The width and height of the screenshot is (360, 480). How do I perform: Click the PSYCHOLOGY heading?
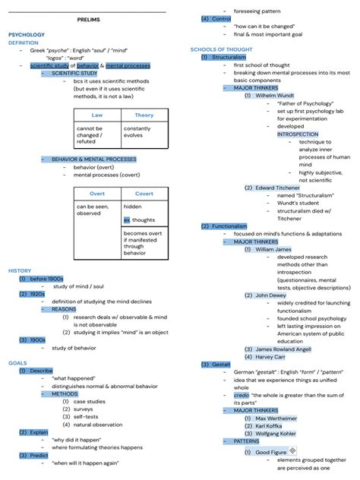pyautogui.click(x=27, y=35)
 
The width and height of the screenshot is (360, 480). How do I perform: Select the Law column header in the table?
pyautogui.click(x=97, y=115)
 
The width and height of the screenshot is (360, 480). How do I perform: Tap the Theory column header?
pyautogui.click(x=144, y=115)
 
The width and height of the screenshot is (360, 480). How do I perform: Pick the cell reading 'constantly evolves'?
pyautogui.click(x=137, y=132)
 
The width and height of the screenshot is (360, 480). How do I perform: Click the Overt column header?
pyautogui.click(x=97, y=194)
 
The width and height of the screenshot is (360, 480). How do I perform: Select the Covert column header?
pyautogui.click(x=144, y=194)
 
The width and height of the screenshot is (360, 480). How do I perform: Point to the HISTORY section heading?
pyautogui.click(x=20, y=271)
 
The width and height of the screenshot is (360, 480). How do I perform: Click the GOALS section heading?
pyautogui.click(x=17, y=363)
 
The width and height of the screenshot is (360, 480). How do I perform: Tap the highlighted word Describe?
pyautogui.click(x=41, y=371)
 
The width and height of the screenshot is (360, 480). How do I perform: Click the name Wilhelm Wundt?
pyautogui.click(x=275, y=96)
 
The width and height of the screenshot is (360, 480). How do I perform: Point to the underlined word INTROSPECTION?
pyautogui.click(x=298, y=134)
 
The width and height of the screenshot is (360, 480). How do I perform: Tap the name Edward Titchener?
pyautogui.click(x=279, y=188)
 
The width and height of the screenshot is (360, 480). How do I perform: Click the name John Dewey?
pyautogui.click(x=270, y=295)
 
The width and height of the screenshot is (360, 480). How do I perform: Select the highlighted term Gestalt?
pyautogui.click(x=220, y=365)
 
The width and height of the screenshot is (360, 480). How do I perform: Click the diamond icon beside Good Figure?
pyautogui.click(x=292, y=450)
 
